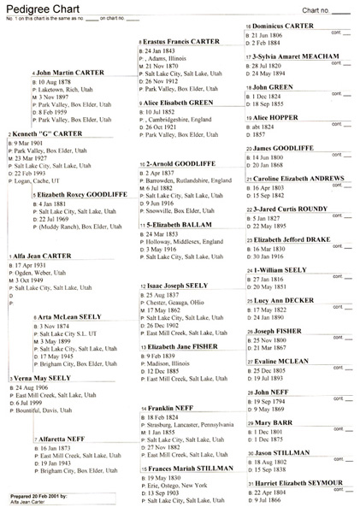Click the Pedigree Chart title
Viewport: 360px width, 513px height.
click(31, 8)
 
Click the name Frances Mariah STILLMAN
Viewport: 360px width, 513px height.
click(183, 445)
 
